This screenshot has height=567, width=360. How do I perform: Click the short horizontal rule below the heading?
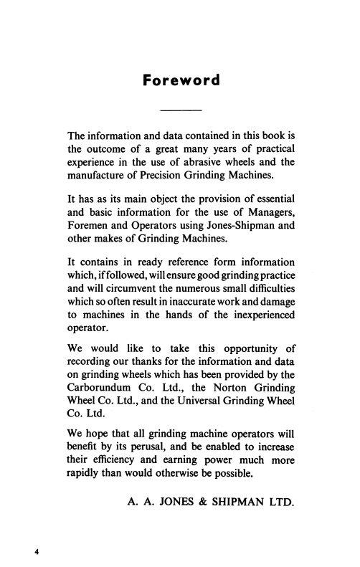click(x=180, y=110)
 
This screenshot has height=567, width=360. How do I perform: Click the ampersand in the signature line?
click(x=219, y=516)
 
